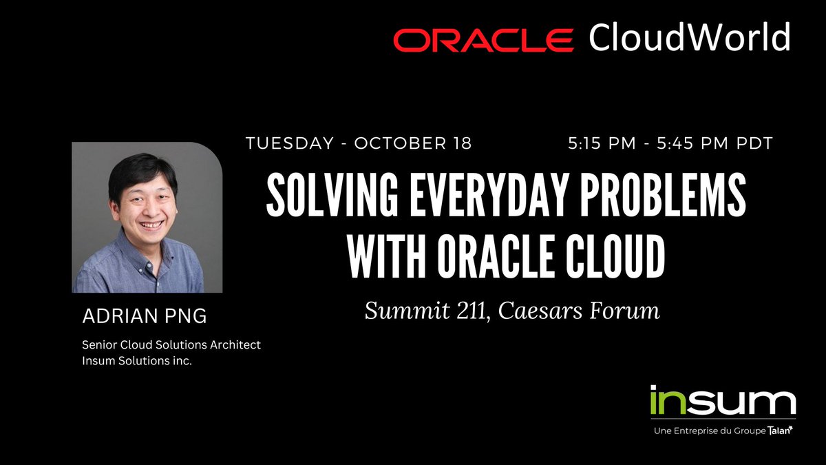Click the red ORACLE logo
(x=483, y=40)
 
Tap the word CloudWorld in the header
(x=689, y=38)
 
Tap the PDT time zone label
(x=752, y=144)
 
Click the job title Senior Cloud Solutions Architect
(x=171, y=344)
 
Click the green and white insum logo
(x=722, y=403)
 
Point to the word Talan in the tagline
(x=779, y=431)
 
